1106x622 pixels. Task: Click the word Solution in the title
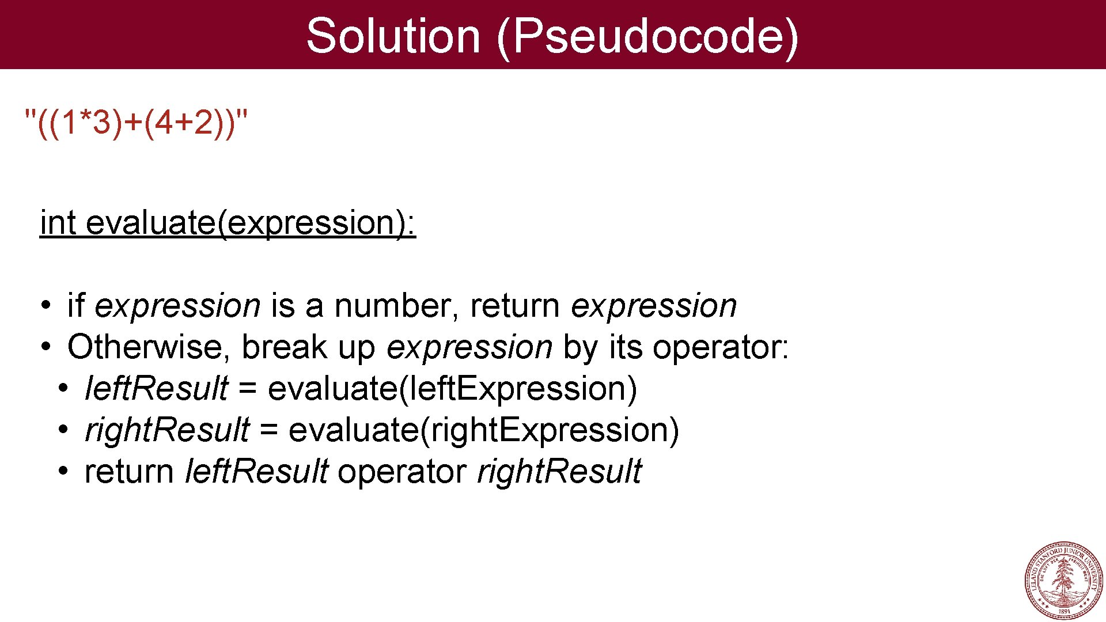(x=393, y=36)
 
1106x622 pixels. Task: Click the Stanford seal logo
(x=1063, y=580)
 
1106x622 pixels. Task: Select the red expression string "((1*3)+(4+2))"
(x=137, y=123)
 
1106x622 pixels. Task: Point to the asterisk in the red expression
(x=85, y=118)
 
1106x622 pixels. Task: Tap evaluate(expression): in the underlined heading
(x=251, y=223)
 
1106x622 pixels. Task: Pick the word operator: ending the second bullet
(x=721, y=348)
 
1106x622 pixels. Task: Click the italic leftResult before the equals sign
(x=156, y=388)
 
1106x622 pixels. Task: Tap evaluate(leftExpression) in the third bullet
(x=452, y=389)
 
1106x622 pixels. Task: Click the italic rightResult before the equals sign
(x=167, y=430)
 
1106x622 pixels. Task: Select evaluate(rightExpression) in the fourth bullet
(x=484, y=431)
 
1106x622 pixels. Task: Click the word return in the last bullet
(x=129, y=472)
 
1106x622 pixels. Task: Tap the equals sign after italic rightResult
(x=268, y=431)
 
